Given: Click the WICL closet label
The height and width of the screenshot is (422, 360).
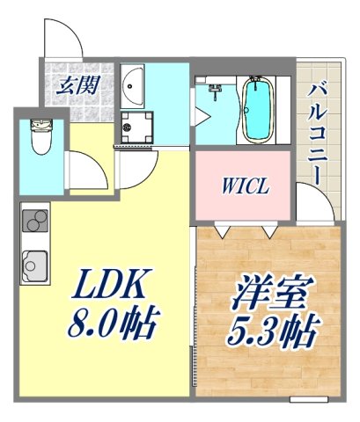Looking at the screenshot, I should pos(243,187).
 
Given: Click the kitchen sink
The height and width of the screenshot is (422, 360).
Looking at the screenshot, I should pos(36,263).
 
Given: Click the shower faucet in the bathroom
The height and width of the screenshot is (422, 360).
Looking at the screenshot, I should pos(213,88).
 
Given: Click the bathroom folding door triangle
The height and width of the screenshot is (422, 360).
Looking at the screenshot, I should pos(202,115).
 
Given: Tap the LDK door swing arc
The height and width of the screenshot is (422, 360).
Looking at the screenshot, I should pos(136,171).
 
